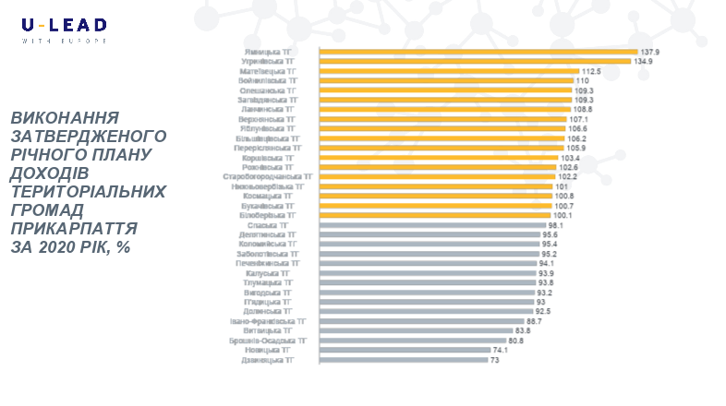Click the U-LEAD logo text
tap(64, 25)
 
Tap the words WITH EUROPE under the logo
tap(64, 41)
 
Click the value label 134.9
tap(644, 61)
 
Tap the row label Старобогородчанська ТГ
tap(268, 176)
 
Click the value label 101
tap(561, 186)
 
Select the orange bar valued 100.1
tap(434, 215)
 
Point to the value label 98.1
tap(556, 225)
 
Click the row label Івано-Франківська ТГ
tap(269, 321)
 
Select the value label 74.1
tap(501, 350)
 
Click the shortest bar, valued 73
tap(403, 360)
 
